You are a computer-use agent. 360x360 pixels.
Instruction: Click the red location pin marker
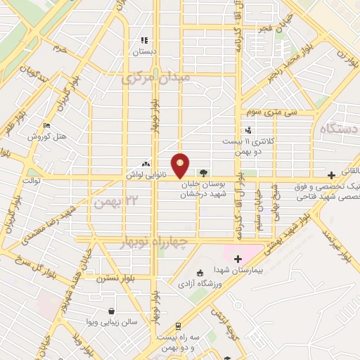(181, 165)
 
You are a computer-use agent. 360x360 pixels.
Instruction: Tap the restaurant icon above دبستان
(144, 41)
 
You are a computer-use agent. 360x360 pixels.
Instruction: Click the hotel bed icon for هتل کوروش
(47, 125)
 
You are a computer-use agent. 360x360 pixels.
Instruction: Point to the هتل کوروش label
(47, 136)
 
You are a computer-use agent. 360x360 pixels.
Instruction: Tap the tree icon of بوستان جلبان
(203, 172)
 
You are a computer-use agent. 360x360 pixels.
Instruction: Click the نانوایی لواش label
(146, 172)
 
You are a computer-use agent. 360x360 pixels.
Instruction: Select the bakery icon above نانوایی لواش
(146, 162)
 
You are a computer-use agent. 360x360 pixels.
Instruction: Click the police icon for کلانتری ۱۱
(247, 130)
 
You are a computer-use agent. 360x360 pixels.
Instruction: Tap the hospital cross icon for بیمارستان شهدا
(238, 259)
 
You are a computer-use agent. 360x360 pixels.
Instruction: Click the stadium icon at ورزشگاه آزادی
(200, 273)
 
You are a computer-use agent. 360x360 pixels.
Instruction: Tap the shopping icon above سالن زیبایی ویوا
(111, 311)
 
